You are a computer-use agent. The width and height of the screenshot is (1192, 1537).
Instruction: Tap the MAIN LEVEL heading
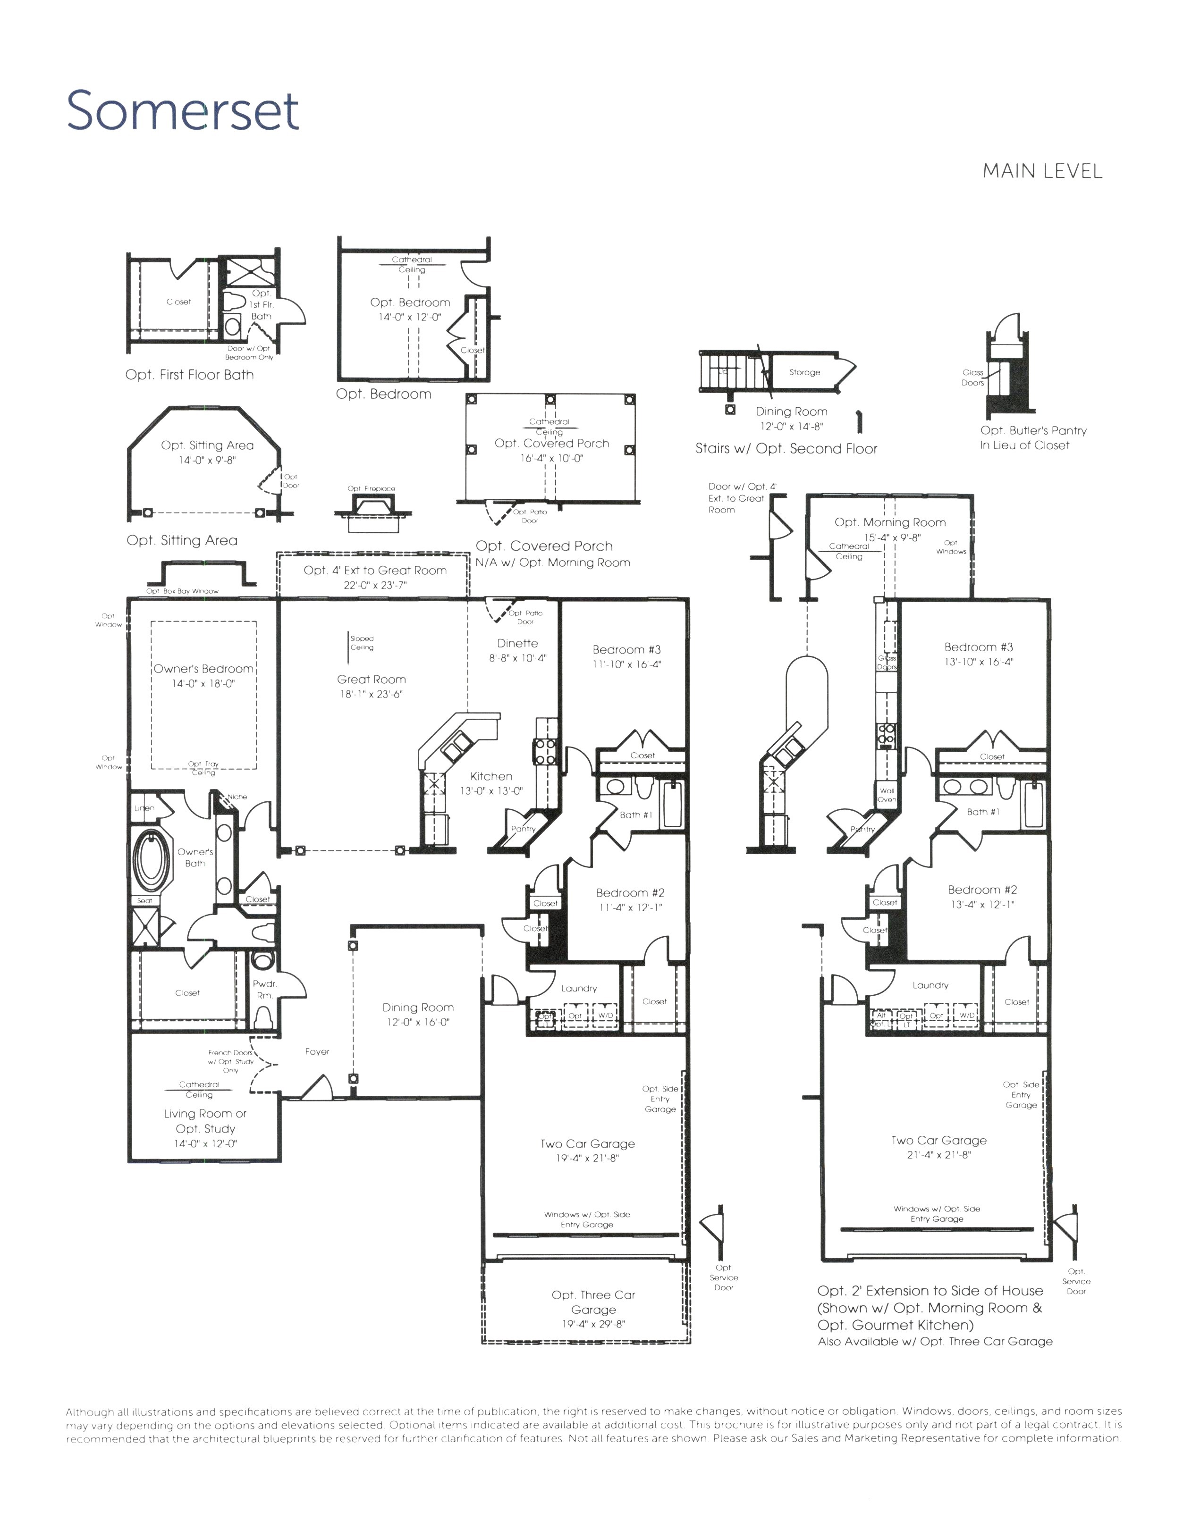1041,171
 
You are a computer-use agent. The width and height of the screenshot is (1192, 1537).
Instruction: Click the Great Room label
371,679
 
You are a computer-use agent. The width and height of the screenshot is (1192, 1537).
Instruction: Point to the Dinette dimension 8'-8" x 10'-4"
517,658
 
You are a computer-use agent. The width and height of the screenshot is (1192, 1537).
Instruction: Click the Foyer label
317,1051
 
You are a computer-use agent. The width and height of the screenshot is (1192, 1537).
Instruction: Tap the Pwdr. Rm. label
265,989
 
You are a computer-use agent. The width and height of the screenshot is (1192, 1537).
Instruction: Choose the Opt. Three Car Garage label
593,1302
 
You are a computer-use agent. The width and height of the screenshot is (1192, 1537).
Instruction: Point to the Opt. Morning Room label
889,522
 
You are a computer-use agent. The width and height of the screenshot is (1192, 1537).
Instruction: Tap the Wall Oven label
887,795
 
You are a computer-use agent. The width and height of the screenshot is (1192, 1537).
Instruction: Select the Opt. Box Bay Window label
182,591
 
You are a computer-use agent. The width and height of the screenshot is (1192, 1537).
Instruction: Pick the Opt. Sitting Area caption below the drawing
182,540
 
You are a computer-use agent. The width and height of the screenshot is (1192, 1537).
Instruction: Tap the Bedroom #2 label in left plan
630,892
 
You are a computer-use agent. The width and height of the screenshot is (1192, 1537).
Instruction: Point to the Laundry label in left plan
579,988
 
